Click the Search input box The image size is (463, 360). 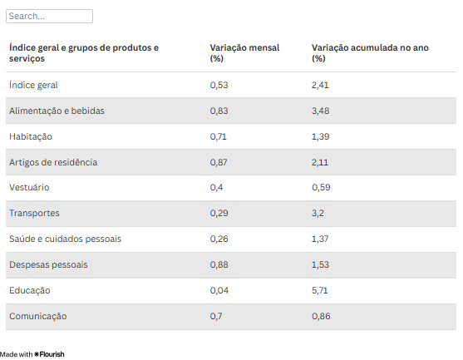pos(49,16)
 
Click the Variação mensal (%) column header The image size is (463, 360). pos(244,53)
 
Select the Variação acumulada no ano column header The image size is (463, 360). pos(370,53)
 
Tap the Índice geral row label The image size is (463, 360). pos(33,85)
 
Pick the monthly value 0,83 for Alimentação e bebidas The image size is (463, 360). pos(219,111)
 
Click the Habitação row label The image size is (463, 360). pos(31,136)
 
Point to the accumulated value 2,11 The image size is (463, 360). pos(320,162)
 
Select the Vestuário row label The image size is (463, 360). pos(29,187)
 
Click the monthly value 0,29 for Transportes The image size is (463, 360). pos(219,213)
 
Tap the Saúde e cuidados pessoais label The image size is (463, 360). pos(65,239)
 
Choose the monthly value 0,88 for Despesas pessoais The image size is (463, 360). pos(219,264)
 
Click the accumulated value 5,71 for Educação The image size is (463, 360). pos(319,290)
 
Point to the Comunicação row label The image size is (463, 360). pos(37,316)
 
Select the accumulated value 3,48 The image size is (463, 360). pos(320,111)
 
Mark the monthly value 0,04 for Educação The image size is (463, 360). pos(219,290)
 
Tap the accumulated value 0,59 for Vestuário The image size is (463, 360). pos(321,187)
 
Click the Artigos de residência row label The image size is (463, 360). pos(53,162)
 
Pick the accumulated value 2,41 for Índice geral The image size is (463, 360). pos(320,85)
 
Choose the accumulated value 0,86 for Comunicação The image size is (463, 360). pos(321,316)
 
